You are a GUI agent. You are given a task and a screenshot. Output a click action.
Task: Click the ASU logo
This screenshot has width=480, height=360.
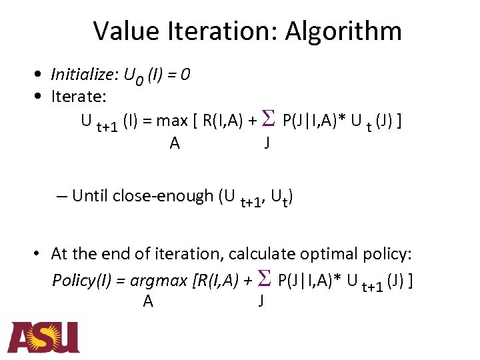[44, 337]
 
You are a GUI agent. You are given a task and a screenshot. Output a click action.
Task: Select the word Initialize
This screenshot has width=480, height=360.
[81, 75]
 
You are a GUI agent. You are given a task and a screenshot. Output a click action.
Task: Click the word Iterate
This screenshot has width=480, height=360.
[79, 97]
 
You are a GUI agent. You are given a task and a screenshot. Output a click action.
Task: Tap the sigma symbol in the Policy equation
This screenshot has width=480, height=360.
[262, 279]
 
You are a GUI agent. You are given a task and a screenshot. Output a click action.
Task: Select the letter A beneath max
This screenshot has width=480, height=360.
[175, 143]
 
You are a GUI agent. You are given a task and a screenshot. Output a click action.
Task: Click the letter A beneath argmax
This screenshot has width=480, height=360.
[148, 302]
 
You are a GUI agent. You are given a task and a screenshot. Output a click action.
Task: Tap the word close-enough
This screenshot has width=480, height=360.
[163, 196]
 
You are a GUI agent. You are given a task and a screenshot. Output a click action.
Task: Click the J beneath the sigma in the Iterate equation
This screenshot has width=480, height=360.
[267, 142]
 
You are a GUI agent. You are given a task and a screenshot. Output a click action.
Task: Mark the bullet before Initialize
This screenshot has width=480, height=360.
[41, 75]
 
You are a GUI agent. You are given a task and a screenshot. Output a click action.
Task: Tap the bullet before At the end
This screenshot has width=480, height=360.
[41, 254]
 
